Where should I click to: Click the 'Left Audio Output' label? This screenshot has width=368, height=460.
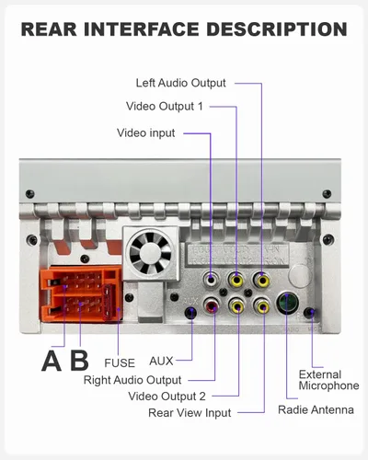pos(181,83)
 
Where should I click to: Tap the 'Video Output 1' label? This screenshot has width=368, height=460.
pos(165,107)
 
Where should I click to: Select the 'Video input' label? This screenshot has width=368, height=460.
pos(146,133)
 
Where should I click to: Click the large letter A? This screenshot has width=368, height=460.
pos(52,361)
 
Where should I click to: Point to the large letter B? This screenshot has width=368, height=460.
pos(79,360)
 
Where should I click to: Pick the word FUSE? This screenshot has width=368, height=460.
pos(120,363)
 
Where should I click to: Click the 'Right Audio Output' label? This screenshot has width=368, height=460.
pos(132,380)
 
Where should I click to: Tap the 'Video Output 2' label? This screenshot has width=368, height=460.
pos(167,397)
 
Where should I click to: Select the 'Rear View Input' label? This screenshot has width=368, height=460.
pos(190,413)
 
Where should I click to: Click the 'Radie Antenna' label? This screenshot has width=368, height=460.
pos(316,410)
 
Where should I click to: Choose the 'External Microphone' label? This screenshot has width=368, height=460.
pos(328,380)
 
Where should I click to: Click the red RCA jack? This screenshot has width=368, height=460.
pos(212,305)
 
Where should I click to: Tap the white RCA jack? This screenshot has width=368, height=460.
pos(211,280)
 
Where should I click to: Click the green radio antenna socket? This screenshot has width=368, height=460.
pos(288,303)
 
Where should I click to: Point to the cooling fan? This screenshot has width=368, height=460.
pos(150,253)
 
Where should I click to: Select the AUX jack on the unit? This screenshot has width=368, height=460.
pos(190,313)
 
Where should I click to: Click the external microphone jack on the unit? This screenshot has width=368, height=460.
pos(309,313)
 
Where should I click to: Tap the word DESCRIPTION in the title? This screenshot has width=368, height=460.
pos(277,29)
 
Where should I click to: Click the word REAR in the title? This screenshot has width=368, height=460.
pos(49,29)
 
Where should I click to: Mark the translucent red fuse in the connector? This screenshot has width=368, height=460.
pos(108,302)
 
